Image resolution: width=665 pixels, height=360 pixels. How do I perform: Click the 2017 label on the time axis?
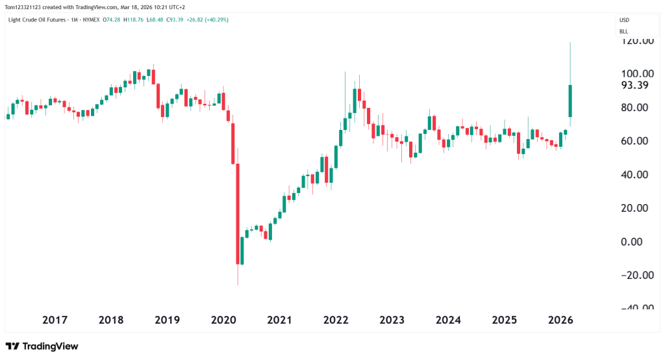click(x=55, y=320)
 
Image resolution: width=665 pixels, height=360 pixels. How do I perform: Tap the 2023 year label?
click(x=392, y=320)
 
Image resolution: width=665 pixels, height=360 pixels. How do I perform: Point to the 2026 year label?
click(x=560, y=320)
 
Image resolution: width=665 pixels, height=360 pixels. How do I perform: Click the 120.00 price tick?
click(x=637, y=40)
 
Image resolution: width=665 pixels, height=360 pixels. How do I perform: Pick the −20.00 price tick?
click(x=636, y=275)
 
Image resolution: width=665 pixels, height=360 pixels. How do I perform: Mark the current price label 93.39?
click(x=635, y=85)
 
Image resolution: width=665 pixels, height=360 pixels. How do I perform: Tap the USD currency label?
click(x=624, y=20)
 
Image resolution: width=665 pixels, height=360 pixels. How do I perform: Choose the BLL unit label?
click(x=623, y=31)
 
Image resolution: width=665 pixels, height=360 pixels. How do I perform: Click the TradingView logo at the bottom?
click(x=42, y=346)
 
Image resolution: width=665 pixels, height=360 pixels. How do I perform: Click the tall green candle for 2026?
click(x=570, y=101)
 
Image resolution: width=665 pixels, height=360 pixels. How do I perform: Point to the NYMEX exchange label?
click(x=90, y=19)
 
